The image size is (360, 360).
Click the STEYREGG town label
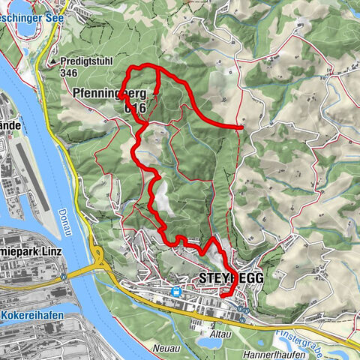232,278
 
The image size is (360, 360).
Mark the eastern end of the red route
241,127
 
